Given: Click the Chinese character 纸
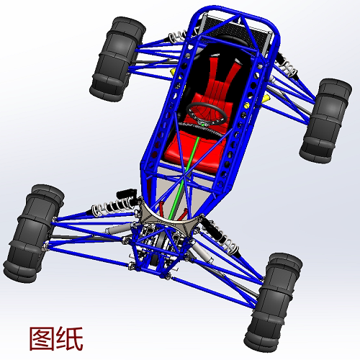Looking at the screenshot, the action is (x=70, y=338).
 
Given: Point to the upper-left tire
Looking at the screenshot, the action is (x=117, y=59).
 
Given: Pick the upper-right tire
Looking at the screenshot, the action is (x=325, y=121).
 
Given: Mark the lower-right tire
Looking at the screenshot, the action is (x=273, y=302).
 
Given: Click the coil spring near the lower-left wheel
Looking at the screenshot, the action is (x=111, y=207).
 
